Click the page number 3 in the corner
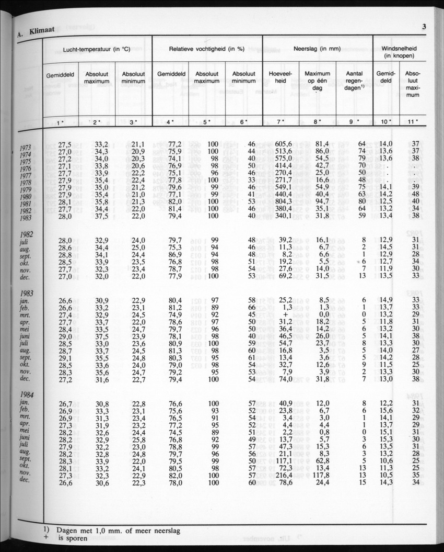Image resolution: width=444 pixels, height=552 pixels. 425,27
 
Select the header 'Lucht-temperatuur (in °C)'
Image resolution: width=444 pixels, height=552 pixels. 96,49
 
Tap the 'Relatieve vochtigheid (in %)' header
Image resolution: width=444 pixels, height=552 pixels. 207,49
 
